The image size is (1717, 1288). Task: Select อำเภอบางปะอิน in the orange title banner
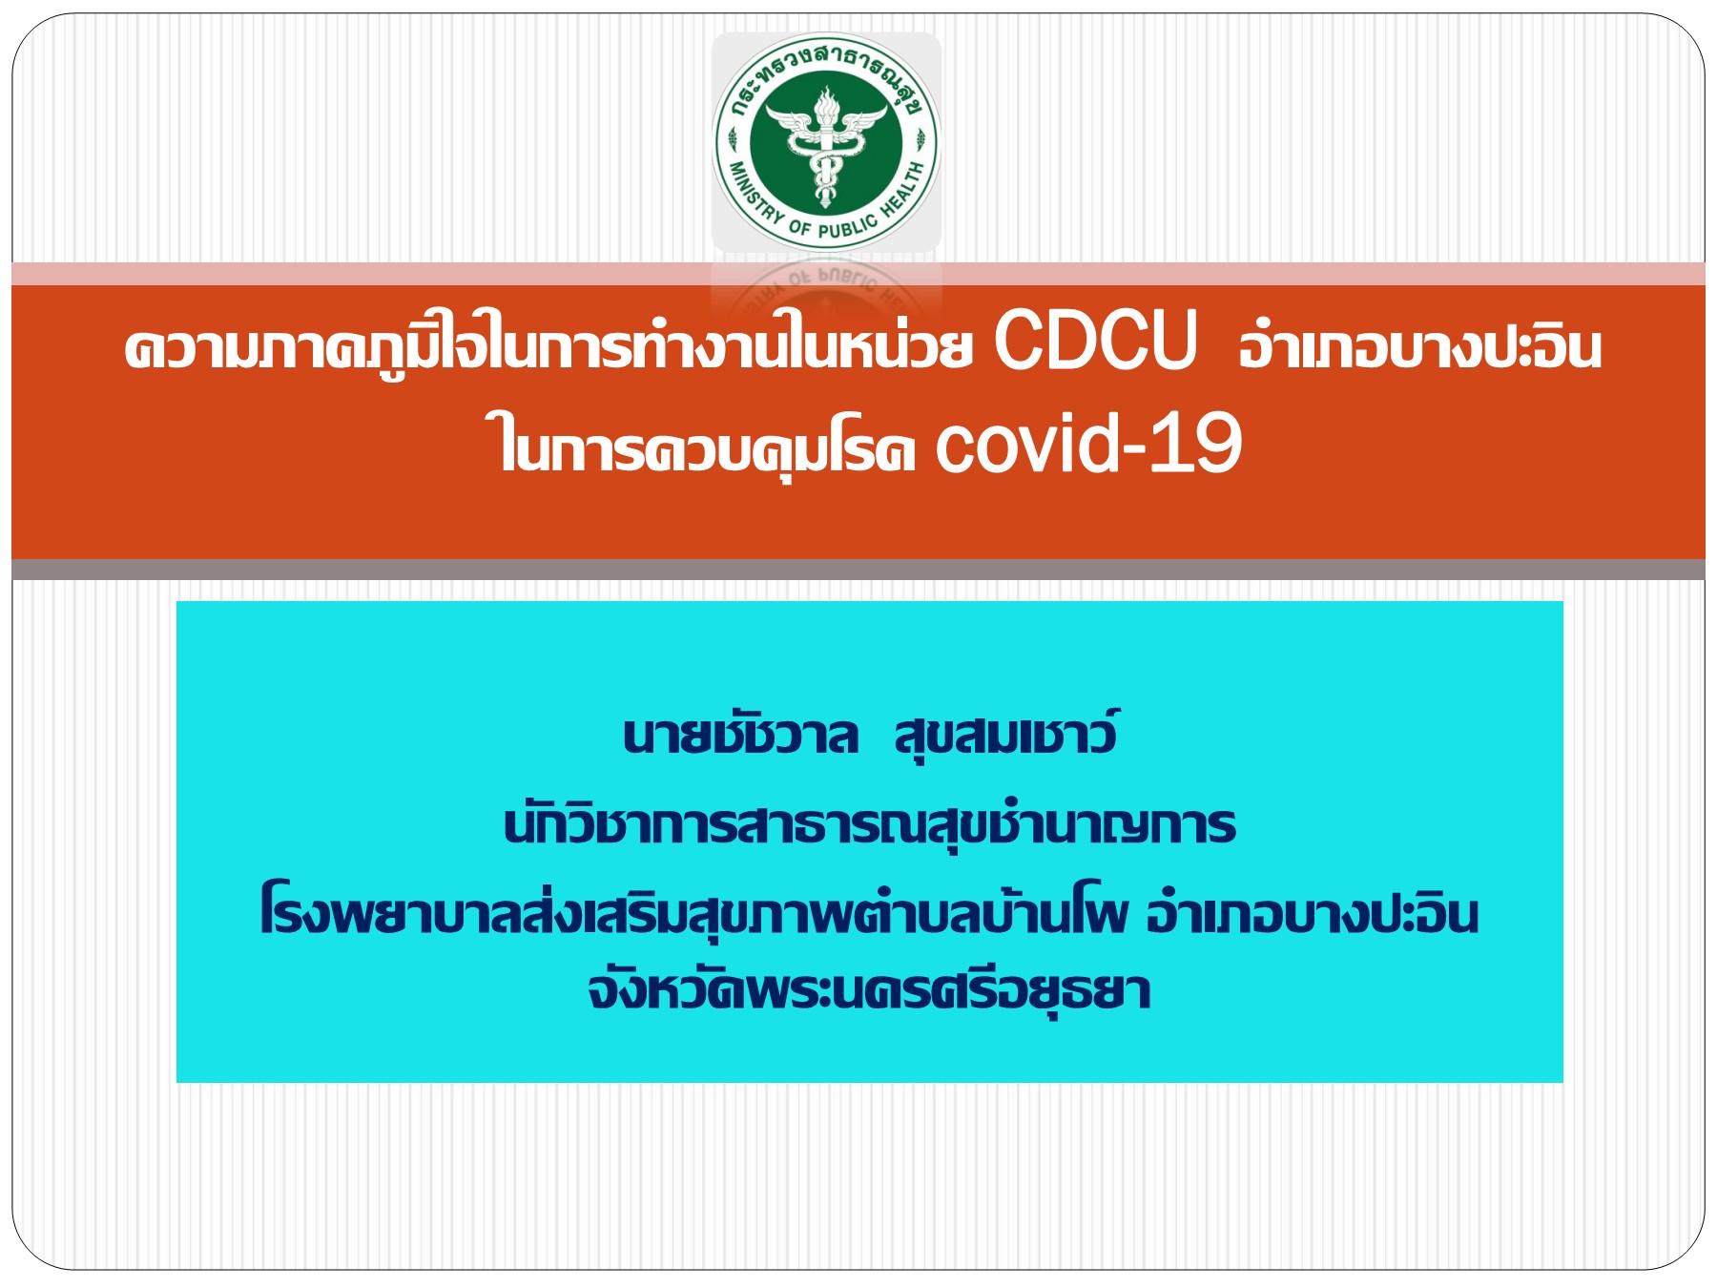coord(1419,345)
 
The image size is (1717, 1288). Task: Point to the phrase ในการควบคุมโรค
coord(706,445)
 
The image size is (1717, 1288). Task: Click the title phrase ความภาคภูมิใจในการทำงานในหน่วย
coord(548,345)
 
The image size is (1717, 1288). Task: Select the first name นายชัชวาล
coord(740,736)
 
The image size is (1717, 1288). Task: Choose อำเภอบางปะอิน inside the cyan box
coord(1313,913)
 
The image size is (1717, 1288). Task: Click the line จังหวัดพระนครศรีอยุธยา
coord(869,990)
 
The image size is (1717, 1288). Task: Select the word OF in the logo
coord(799,227)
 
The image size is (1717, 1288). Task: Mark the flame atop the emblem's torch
coord(826,98)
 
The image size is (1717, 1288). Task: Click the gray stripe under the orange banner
coord(858,570)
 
